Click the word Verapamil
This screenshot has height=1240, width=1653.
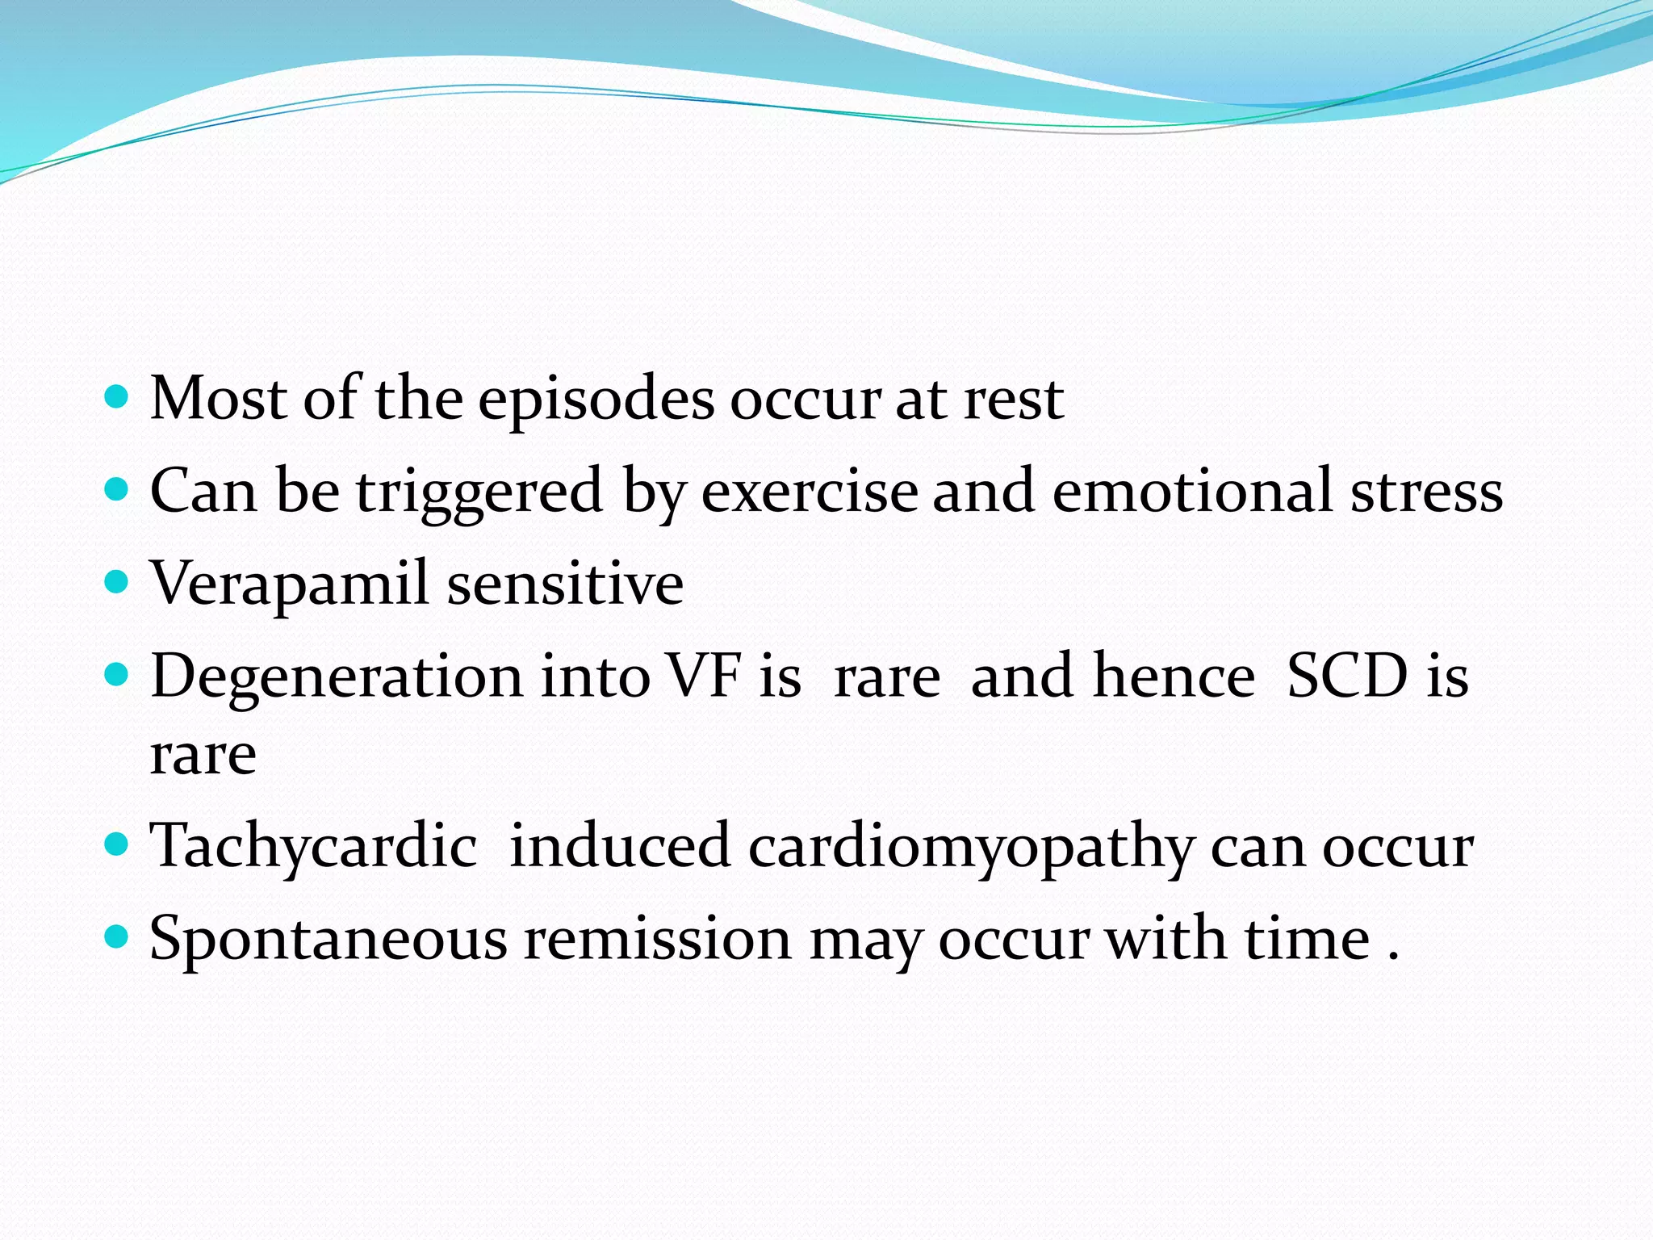(x=289, y=583)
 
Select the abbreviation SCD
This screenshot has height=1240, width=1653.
(x=1347, y=676)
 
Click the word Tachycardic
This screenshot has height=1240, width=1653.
(x=313, y=847)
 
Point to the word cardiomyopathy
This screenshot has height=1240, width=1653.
(x=971, y=847)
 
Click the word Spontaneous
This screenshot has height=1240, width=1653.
(x=329, y=939)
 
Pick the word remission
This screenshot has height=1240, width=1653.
(x=658, y=939)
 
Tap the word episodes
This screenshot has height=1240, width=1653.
(x=596, y=400)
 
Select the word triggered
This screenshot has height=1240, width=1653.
(x=479, y=491)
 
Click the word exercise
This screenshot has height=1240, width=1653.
(x=810, y=491)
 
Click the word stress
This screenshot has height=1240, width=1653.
(x=1427, y=491)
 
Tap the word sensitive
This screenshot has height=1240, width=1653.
(x=565, y=583)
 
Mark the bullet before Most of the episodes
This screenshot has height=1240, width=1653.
(x=118, y=397)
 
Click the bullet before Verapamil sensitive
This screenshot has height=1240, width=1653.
(x=118, y=581)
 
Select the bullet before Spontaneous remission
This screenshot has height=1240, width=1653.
(x=118, y=937)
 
